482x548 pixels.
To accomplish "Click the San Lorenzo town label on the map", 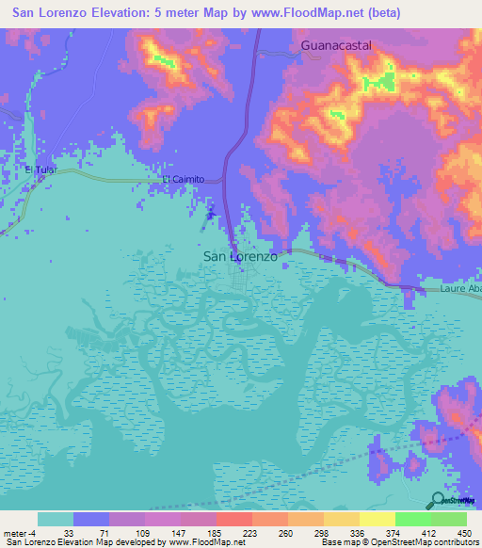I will [240, 255].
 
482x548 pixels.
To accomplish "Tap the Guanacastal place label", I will [337, 44].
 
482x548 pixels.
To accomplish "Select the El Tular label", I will [42, 169].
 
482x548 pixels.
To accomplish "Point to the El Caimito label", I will [183, 179].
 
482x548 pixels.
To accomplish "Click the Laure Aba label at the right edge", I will [460, 290].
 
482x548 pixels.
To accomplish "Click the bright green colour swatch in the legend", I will [413, 519].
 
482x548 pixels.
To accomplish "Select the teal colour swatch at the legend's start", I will [56, 519].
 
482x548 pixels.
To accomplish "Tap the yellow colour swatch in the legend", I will [377, 519].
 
